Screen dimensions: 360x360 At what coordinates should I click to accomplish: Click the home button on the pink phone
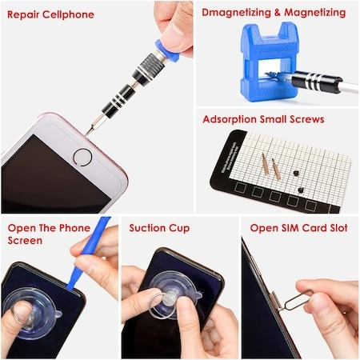point(82,158)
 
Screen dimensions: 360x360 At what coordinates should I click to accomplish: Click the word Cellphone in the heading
point(68,14)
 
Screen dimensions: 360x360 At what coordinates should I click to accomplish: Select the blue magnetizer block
point(270,62)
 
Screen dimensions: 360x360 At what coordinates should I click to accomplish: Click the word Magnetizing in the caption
point(315,13)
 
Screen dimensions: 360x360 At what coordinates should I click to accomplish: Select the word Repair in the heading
point(23,14)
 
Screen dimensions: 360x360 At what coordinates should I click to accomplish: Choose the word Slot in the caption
point(338,228)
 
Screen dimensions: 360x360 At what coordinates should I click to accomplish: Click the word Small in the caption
point(273,119)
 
